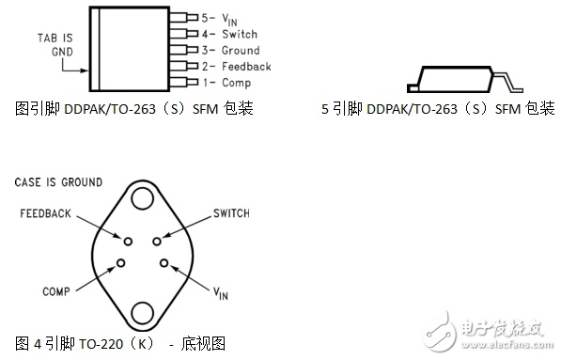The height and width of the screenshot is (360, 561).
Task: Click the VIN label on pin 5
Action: [x=229, y=20]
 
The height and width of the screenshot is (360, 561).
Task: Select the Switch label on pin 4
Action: [x=240, y=34]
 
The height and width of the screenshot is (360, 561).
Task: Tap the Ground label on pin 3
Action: [x=241, y=51]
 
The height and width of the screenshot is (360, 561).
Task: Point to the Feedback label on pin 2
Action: [x=246, y=67]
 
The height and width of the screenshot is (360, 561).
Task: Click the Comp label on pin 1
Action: [x=237, y=83]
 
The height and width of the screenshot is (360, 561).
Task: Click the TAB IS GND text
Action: [x=55, y=45]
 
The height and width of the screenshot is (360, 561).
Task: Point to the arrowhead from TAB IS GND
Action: [x=85, y=70]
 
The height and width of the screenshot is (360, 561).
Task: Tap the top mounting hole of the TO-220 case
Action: [x=143, y=198]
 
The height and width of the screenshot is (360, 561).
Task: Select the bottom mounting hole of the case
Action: [x=143, y=313]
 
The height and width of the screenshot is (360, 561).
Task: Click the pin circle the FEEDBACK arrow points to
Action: [x=128, y=242]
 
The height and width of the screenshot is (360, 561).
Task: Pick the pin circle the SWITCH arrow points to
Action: [x=157, y=242]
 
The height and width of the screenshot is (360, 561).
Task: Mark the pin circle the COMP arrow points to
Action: [x=121, y=263]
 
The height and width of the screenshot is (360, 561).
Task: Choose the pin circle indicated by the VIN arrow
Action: [x=164, y=263]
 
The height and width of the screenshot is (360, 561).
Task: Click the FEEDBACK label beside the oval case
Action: [x=45, y=213]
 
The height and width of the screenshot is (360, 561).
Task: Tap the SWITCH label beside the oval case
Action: [x=231, y=213]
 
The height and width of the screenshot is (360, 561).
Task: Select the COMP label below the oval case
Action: [x=56, y=291]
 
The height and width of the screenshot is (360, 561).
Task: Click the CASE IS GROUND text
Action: [x=58, y=182]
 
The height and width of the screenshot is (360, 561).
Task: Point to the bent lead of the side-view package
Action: [x=507, y=81]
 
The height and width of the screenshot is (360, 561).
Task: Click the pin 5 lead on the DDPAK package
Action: [x=183, y=17]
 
